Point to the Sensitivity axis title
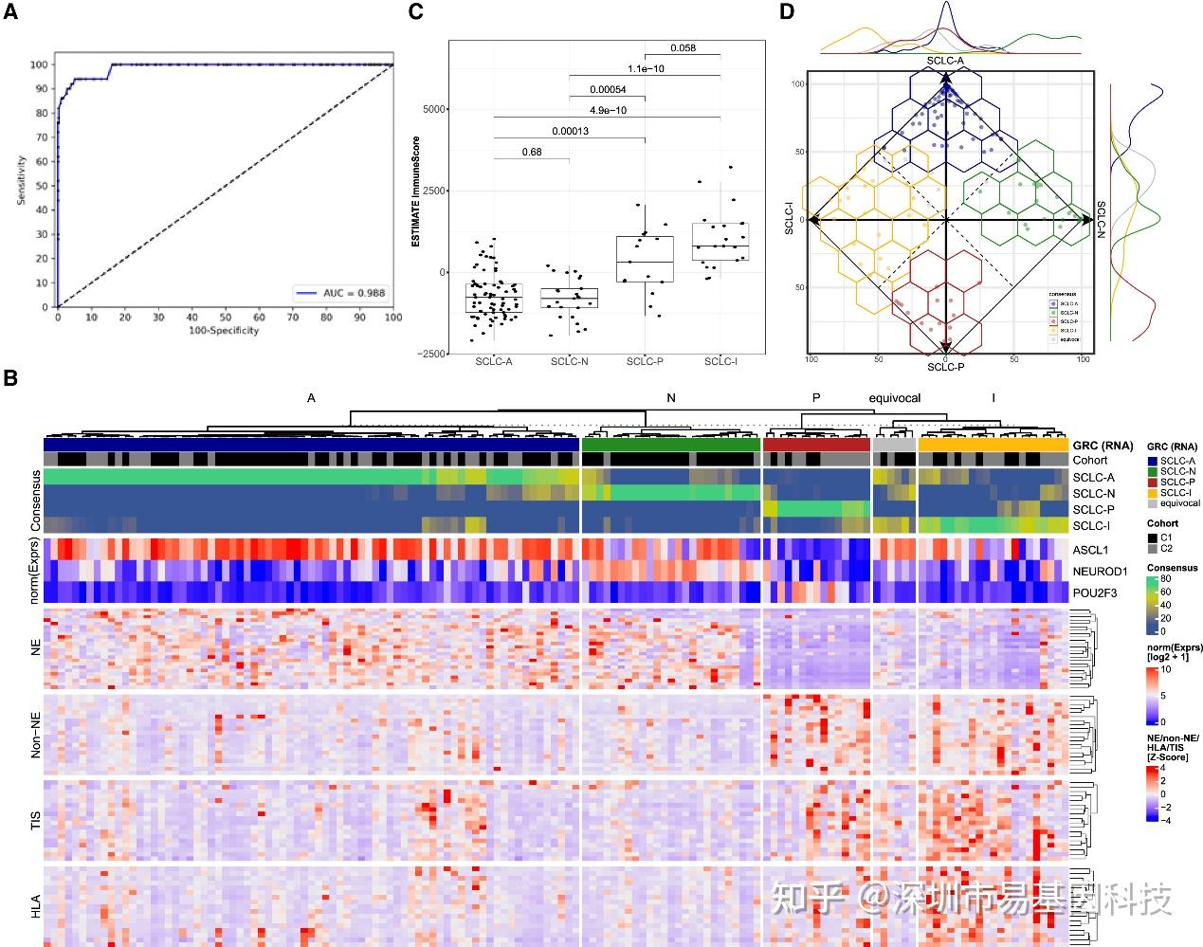(x=21, y=180)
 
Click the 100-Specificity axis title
(x=225, y=330)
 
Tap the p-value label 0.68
(x=532, y=152)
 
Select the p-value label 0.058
(x=683, y=47)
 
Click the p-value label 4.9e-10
(x=608, y=110)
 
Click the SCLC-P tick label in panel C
(x=645, y=361)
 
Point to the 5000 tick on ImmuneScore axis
(x=432, y=109)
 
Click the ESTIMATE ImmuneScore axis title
(x=415, y=191)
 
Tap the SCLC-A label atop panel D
(x=945, y=61)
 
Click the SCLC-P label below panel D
(x=945, y=367)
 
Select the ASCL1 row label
(x=1089, y=550)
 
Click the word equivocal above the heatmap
(x=894, y=398)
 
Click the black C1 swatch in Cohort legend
(x=1152, y=538)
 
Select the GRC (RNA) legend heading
(x=1172, y=446)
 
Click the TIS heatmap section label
(x=37, y=821)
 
